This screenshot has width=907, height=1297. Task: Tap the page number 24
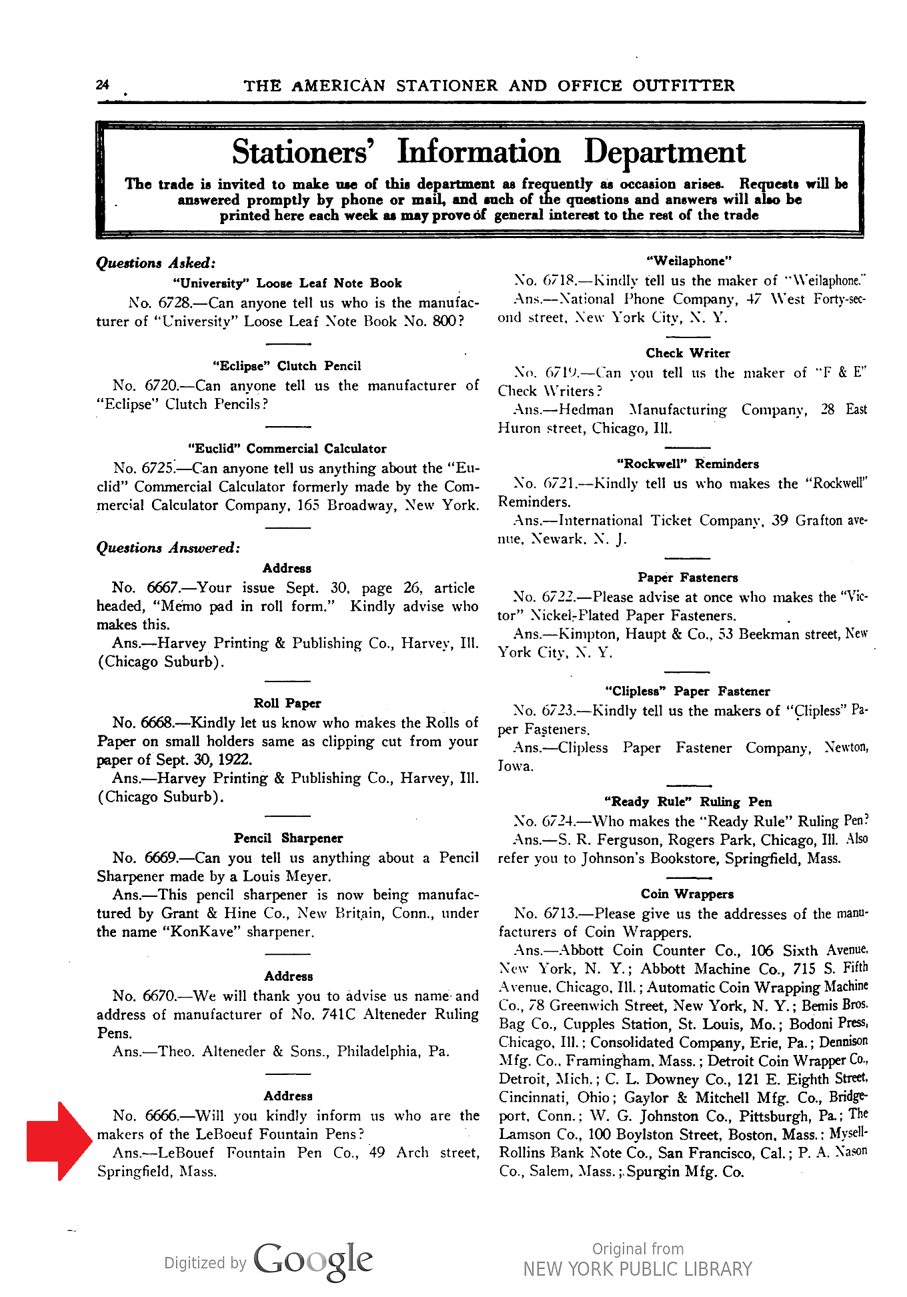[102, 85]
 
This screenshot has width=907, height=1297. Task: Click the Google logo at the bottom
[312, 1260]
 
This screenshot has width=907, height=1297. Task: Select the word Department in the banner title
[664, 152]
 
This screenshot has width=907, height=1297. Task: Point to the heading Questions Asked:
[156, 263]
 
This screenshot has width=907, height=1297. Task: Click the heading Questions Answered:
[168, 547]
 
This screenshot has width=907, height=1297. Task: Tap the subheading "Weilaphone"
[689, 261]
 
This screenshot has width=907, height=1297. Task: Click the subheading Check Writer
[688, 353]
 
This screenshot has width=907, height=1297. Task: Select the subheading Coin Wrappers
[687, 894]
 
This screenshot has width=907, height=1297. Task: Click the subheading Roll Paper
[287, 703]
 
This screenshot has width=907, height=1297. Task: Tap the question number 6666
[161, 1116]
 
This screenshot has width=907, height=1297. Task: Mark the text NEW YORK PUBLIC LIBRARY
[637, 1269]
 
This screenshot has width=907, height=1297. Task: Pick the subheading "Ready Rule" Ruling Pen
[688, 802]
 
